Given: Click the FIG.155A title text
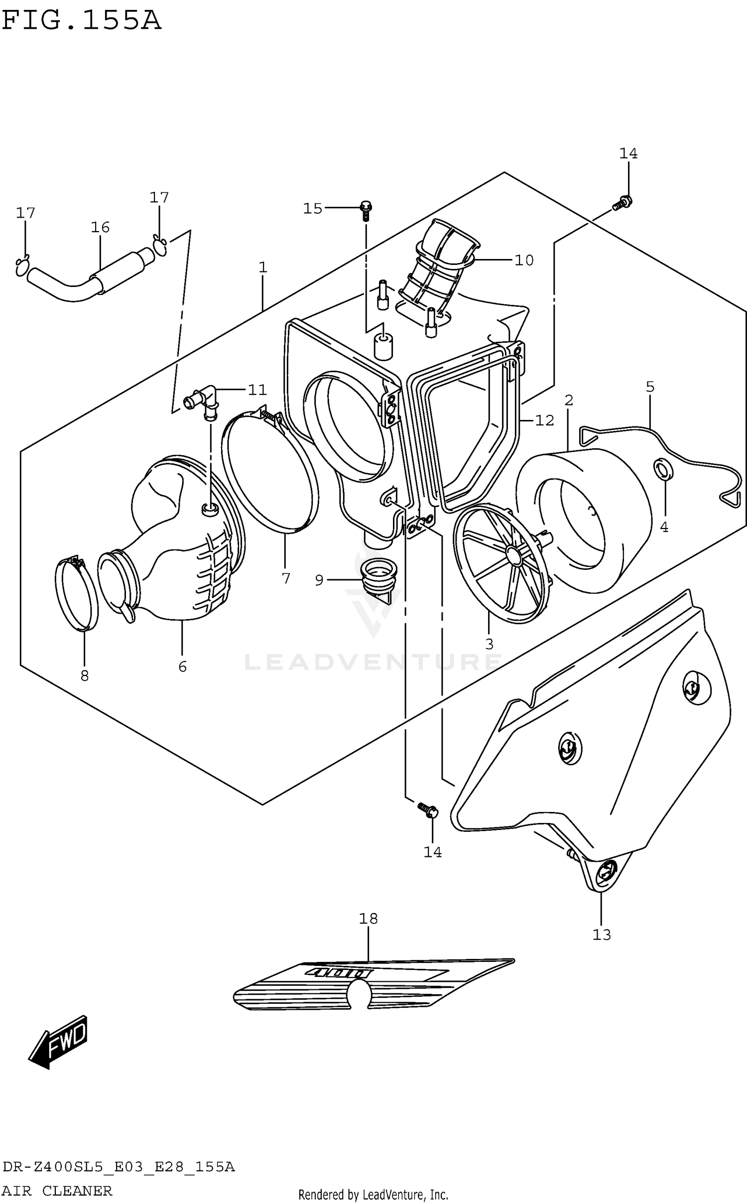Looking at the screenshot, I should [81, 21].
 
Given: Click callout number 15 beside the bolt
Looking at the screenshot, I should [313, 209].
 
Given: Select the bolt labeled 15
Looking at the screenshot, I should [366, 210].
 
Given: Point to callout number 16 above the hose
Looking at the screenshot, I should [100, 228].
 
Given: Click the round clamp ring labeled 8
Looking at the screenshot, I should [76, 594].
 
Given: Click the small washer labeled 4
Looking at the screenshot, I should [663, 469].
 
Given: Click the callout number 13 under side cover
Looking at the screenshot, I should [602, 935].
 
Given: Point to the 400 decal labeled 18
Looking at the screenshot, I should [373, 984].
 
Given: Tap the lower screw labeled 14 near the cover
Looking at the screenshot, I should [428, 809].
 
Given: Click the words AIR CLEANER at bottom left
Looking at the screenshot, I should [57, 1191].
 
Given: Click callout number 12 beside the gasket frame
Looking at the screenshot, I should [544, 420].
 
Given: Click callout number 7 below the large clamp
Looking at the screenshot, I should [286, 578].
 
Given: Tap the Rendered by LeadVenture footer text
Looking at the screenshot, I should [373, 1195].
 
